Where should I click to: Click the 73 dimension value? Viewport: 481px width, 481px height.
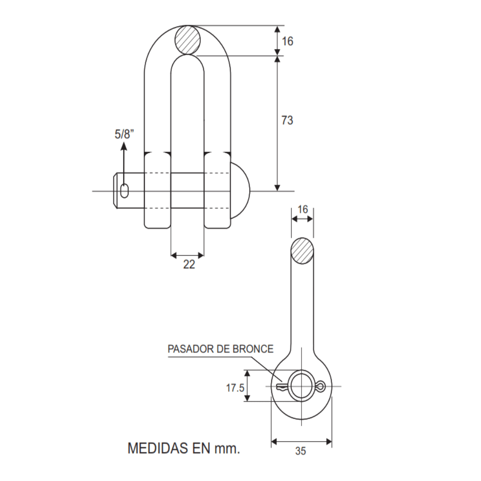[x=287, y=120]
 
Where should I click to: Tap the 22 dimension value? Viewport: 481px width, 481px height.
[x=189, y=265]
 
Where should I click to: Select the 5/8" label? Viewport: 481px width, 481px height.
[x=124, y=134]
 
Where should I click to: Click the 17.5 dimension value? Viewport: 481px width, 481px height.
[x=235, y=388]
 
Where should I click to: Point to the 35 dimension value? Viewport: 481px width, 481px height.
[x=301, y=451]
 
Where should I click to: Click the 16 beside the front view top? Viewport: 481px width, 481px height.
[x=288, y=41]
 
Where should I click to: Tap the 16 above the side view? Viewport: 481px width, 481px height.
[x=302, y=209]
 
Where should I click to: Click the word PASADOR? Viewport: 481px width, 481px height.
[x=189, y=349]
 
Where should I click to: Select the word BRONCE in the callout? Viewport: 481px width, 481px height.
[x=253, y=349]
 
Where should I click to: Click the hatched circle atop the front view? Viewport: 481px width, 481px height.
[x=188, y=40]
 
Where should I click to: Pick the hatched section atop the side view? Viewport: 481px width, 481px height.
[x=302, y=251]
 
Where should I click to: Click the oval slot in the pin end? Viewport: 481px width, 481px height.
[x=124, y=191]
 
